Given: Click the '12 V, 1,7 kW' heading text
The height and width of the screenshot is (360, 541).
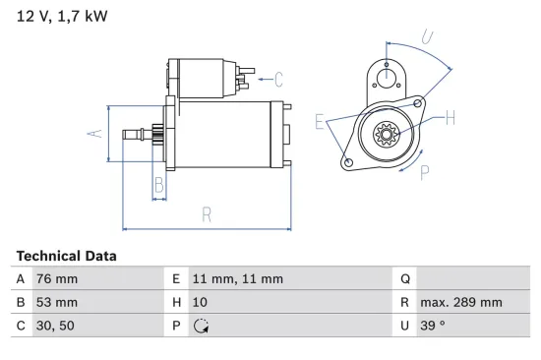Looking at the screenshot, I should (x=62, y=17).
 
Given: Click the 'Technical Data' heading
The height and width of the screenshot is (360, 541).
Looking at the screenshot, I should (x=66, y=256).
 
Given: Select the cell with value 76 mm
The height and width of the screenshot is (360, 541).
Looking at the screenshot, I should (x=58, y=278).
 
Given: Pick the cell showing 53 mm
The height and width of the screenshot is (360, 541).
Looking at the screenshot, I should (x=58, y=302).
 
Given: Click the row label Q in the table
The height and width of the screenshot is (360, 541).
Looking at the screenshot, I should (x=405, y=278).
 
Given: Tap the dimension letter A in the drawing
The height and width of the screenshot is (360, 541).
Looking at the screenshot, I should (x=95, y=133).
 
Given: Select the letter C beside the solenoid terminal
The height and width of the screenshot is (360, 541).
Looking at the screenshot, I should (x=278, y=80).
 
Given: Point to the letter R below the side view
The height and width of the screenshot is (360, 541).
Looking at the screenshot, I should (x=208, y=214).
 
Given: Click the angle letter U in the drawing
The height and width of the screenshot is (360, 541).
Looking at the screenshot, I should (x=427, y=36).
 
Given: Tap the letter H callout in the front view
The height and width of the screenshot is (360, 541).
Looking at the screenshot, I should (x=450, y=119).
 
